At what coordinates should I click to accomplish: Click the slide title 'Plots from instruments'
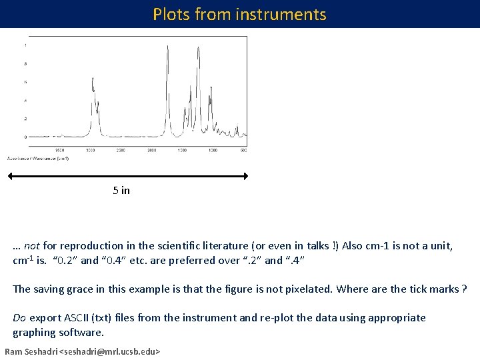click(239, 14)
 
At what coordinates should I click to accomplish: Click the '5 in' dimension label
click(121, 191)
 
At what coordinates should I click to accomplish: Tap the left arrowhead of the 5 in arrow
click(11, 176)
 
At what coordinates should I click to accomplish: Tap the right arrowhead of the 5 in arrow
click(245, 176)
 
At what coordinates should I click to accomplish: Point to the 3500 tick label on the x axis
click(59, 151)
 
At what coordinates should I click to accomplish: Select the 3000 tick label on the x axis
click(90, 151)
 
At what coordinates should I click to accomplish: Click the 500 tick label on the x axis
click(244, 151)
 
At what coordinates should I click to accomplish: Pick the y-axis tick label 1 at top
click(26, 45)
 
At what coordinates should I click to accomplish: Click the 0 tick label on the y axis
click(26, 137)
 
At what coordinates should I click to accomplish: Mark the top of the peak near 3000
click(92, 77)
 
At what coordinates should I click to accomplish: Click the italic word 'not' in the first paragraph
click(33, 246)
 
